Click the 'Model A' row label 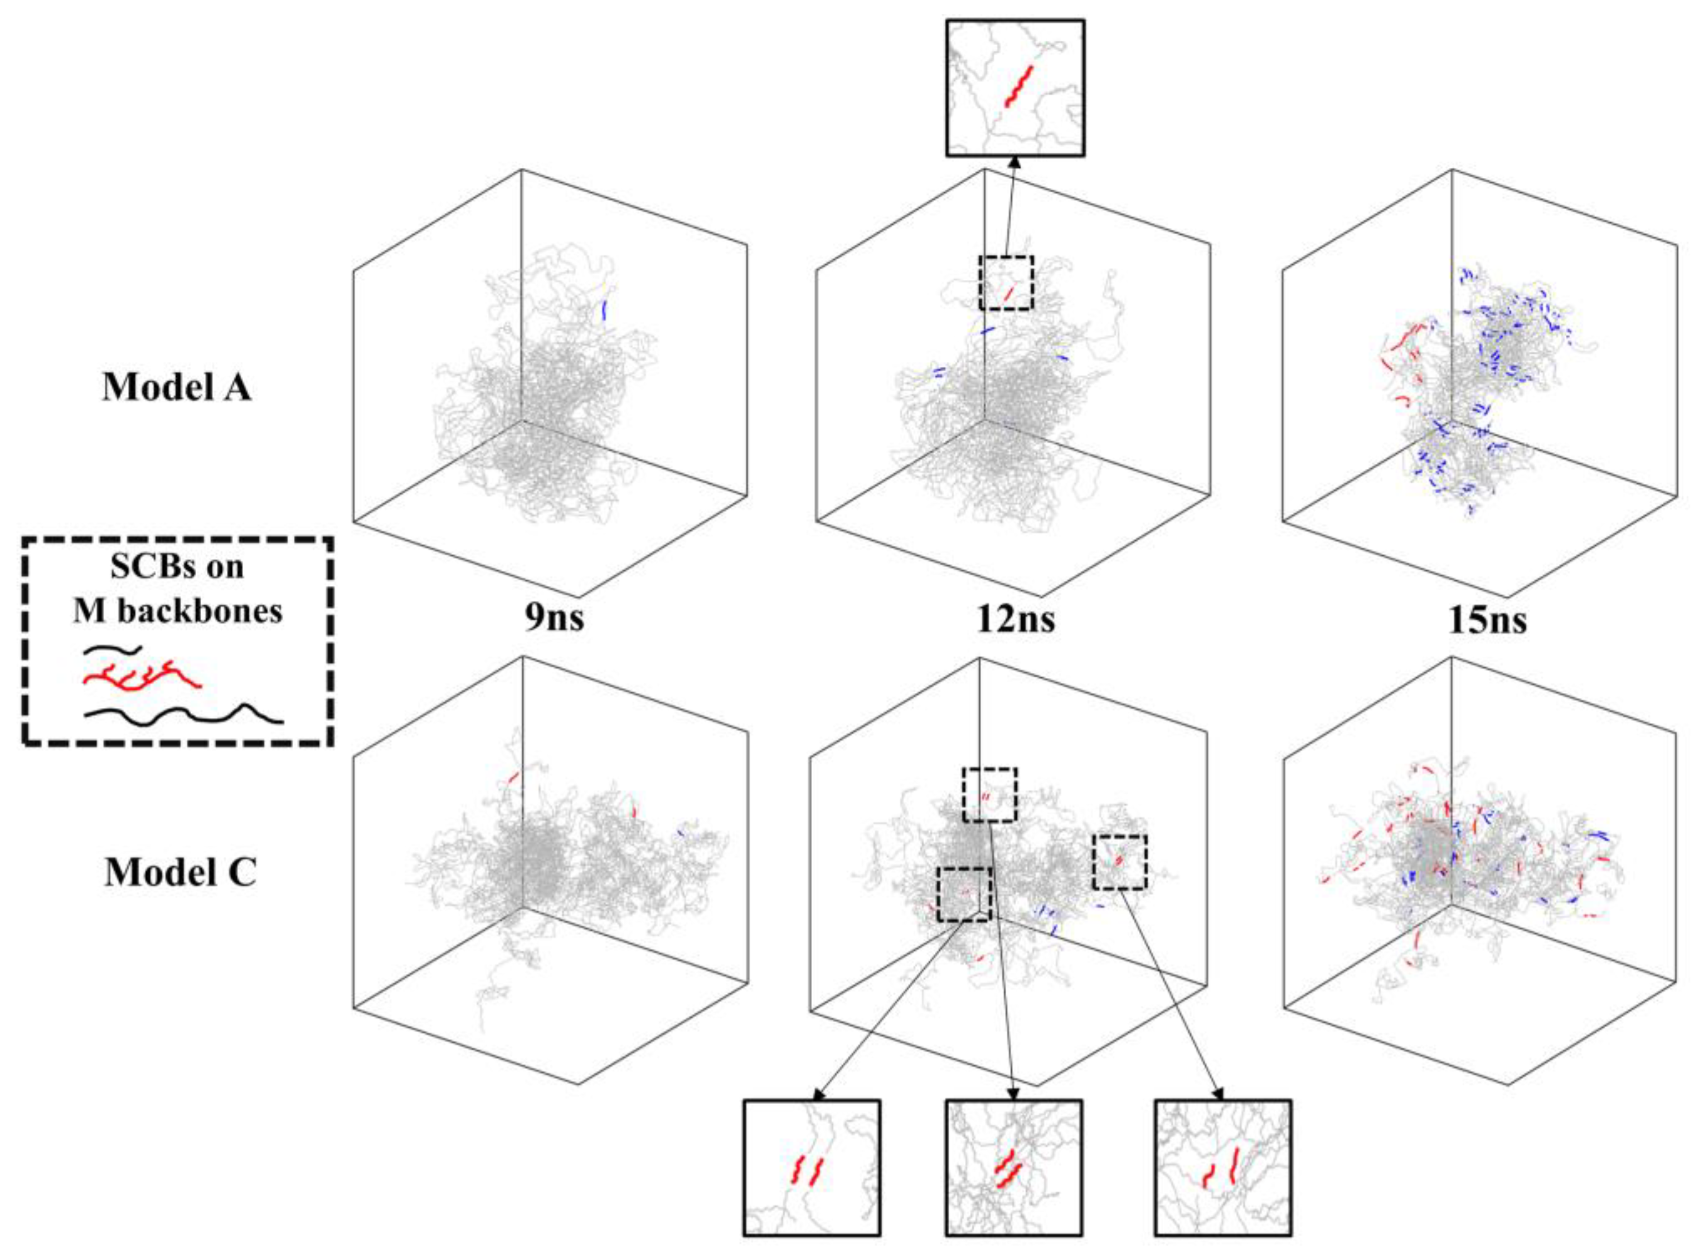coord(176,387)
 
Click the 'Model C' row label coord(179,872)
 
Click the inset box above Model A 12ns coord(1015,88)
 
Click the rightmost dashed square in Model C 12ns coord(1119,861)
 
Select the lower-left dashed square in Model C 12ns coord(963,894)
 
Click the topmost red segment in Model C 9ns coord(512,778)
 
